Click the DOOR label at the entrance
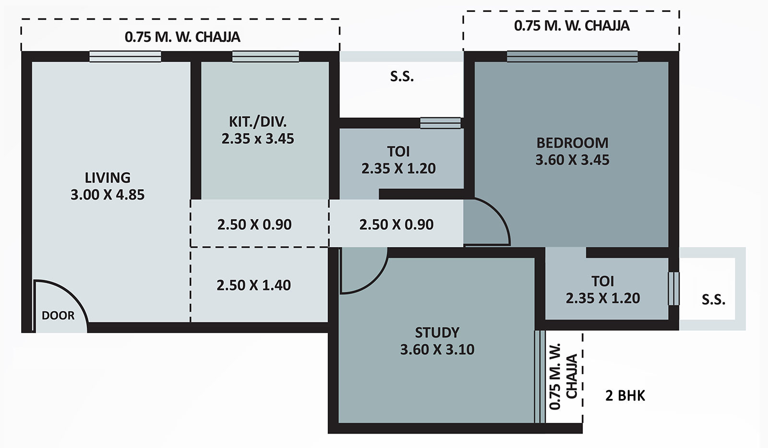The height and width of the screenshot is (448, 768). click(58, 315)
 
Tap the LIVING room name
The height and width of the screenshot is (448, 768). click(108, 177)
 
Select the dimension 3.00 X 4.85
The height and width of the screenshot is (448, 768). click(108, 195)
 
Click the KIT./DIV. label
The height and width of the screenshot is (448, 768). click(257, 121)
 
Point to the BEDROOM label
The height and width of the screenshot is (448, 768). click(572, 143)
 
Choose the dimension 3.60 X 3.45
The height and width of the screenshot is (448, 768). click(572, 160)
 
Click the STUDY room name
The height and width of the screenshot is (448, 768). click(437, 332)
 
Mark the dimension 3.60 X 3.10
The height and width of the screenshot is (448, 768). click(437, 349)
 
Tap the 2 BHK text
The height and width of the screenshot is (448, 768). click(625, 396)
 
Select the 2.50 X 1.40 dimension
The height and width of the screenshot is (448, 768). click(253, 285)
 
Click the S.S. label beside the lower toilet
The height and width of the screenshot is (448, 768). click(713, 300)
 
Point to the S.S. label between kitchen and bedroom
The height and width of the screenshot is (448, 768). click(402, 76)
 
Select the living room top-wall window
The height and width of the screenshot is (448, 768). click(125, 57)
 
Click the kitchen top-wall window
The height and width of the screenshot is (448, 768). click(265, 57)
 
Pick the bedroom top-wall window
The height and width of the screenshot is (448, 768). click(572, 57)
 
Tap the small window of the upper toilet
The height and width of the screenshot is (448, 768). click(440, 123)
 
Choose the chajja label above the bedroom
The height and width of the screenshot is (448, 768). click(571, 25)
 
